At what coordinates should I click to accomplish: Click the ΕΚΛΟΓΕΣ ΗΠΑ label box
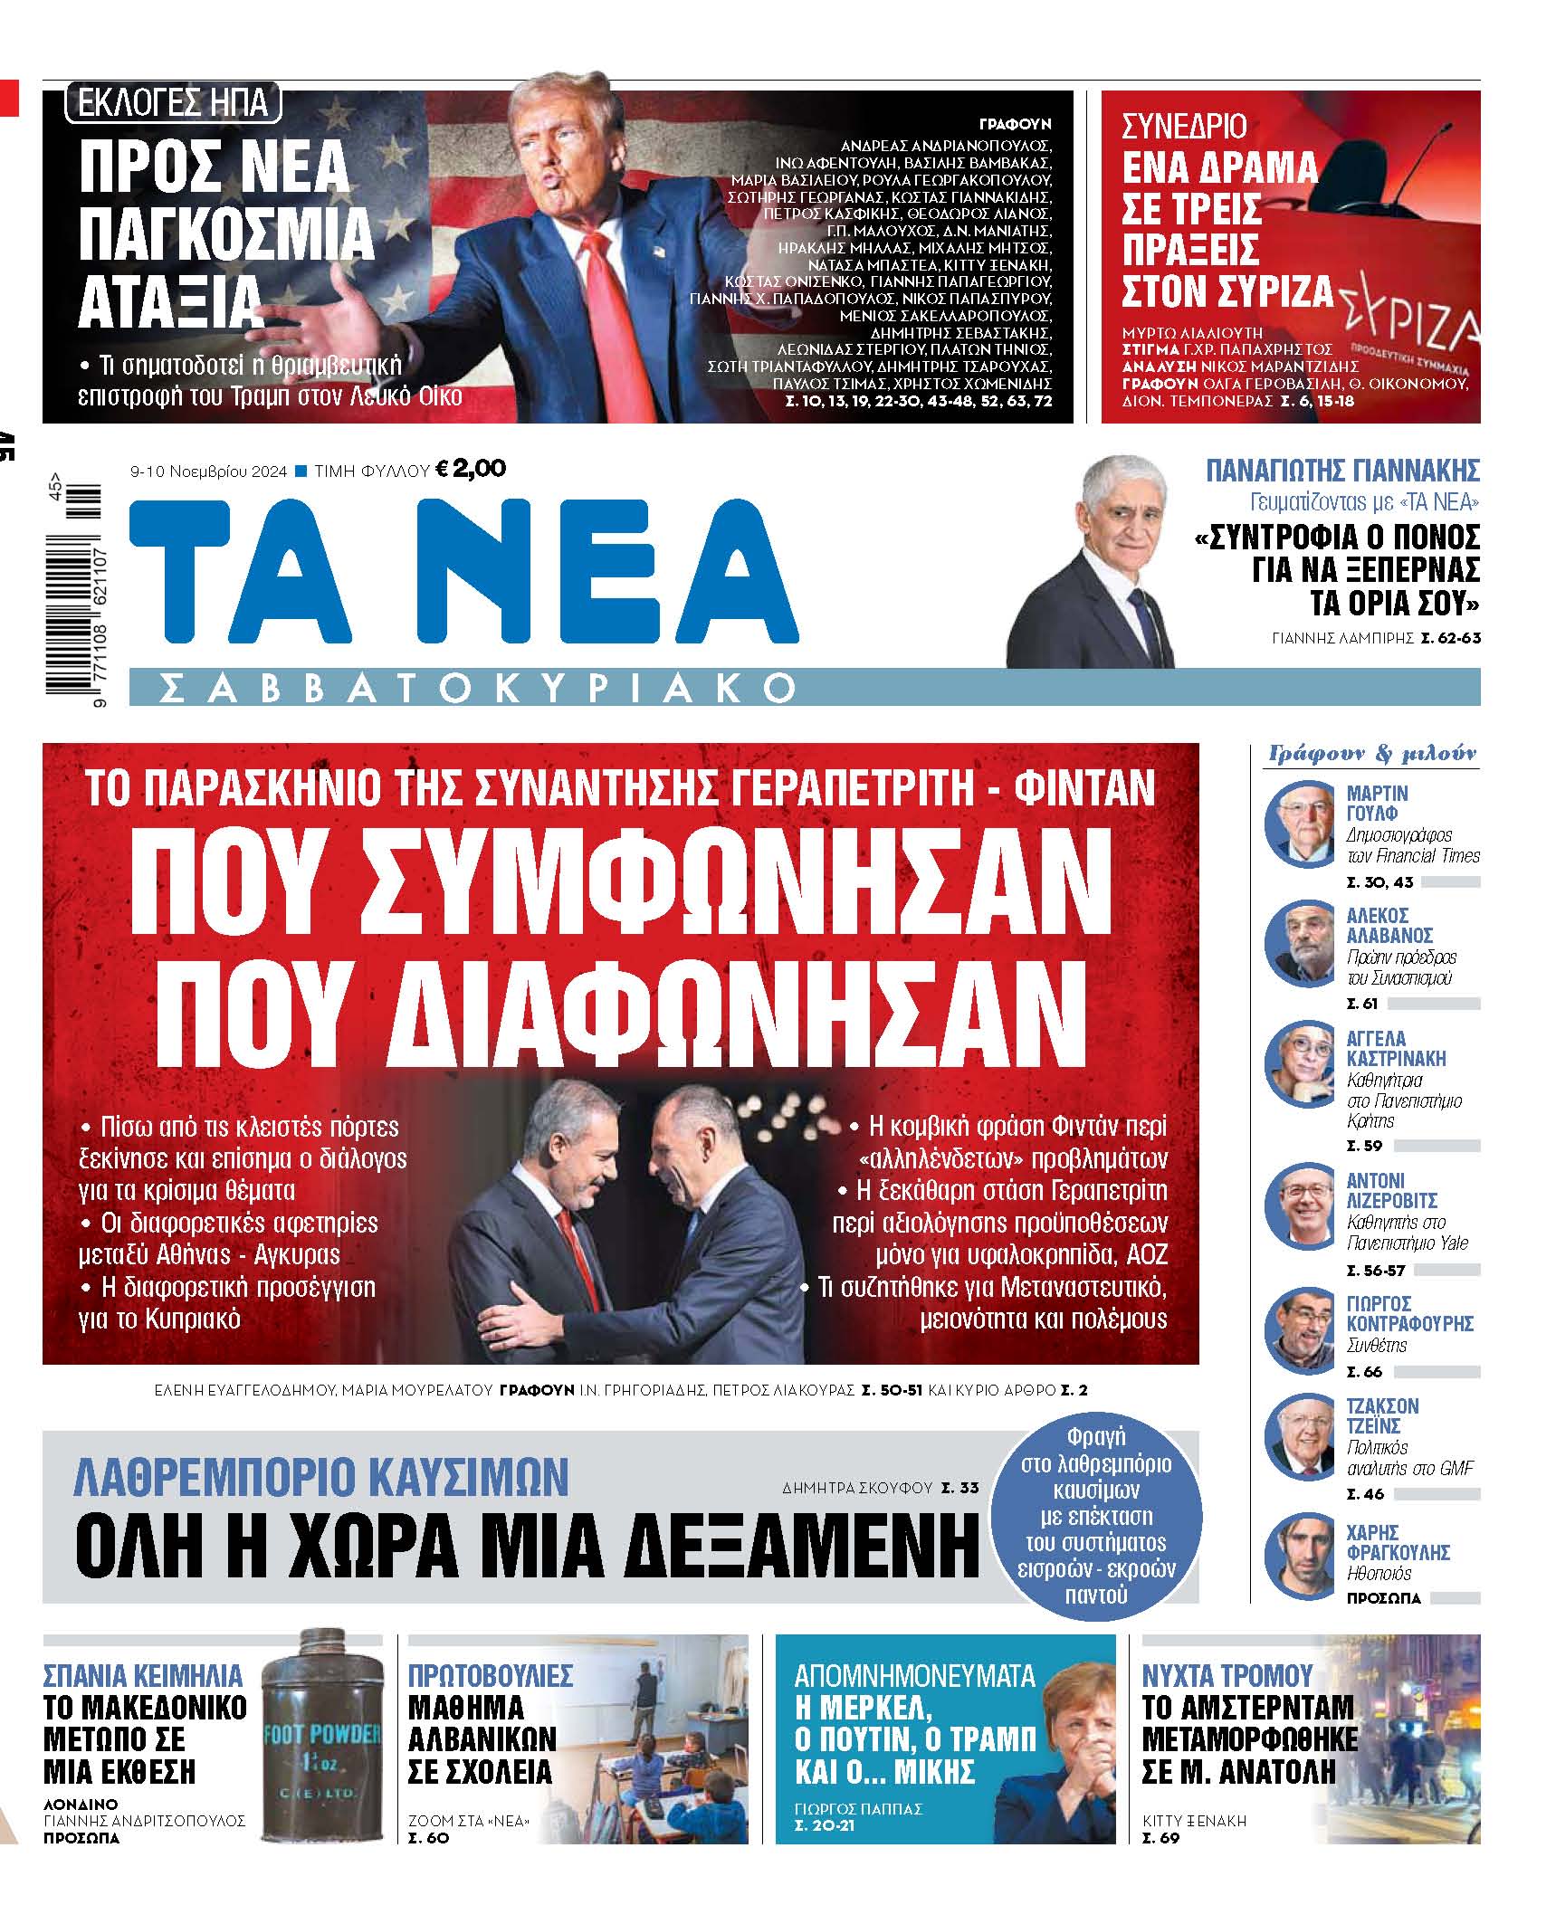click(x=172, y=102)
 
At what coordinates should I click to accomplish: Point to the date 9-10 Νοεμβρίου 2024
click(x=208, y=471)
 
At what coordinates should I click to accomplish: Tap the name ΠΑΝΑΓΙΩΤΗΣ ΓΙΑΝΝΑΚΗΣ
click(x=1342, y=471)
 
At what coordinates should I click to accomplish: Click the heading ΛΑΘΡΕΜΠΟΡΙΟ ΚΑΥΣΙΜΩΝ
click(x=321, y=1477)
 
